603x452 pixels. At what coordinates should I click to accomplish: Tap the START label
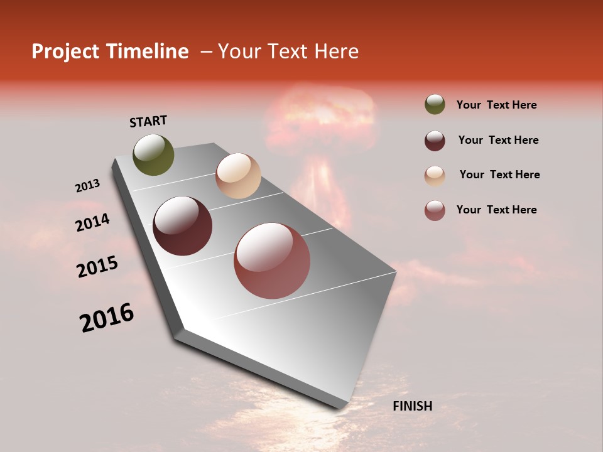[x=148, y=121]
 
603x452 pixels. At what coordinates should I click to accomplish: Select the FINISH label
[x=412, y=406]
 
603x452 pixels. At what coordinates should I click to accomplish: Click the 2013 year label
[x=87, y=186]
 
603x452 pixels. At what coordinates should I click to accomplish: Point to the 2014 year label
[x=92, y=222]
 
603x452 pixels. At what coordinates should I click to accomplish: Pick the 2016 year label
[x=107, y=318]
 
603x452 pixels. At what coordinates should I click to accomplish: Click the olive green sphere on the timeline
[x=154, y=155]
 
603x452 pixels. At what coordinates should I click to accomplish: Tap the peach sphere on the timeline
[x=238, y=176]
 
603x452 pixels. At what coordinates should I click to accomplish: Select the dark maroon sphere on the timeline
[x=183, y=226]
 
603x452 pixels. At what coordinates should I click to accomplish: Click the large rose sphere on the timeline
[x=272, y=261]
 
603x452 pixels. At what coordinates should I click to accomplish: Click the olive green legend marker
[x=435, y=104]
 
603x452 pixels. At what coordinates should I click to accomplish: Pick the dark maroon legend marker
[x=435, y=140]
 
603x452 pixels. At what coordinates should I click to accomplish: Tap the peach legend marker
[x=435, y=176]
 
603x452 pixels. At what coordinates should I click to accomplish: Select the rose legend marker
[x=435, y=210]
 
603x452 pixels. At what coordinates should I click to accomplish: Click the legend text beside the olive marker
[x=496, y=105]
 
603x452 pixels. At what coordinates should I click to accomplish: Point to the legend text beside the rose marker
[x=496, y=210]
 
